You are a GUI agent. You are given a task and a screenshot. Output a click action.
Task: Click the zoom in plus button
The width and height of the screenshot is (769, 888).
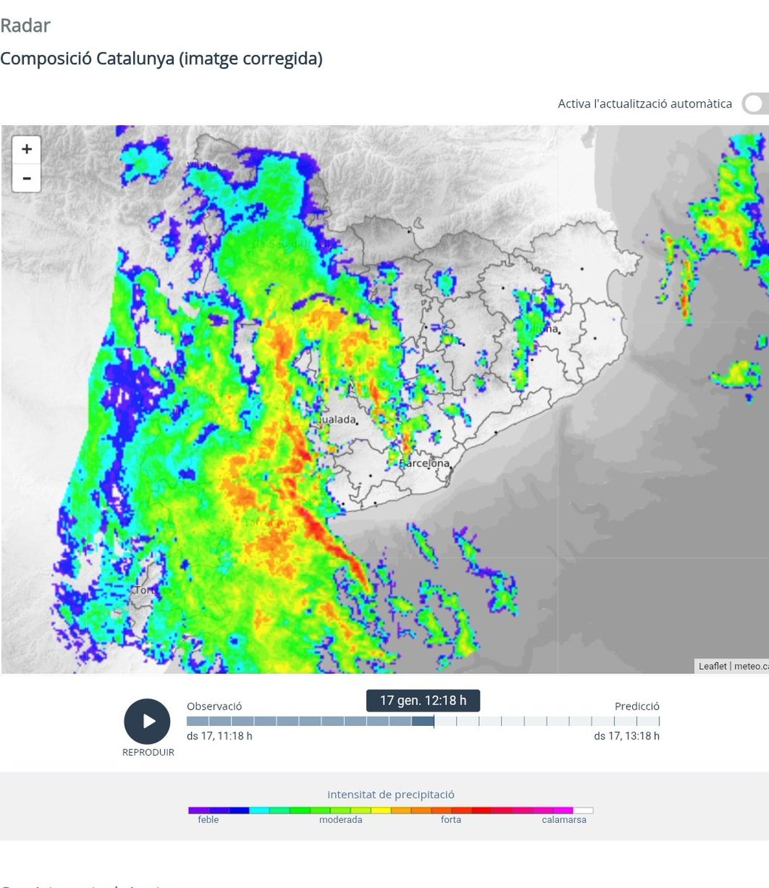tap(27, 149)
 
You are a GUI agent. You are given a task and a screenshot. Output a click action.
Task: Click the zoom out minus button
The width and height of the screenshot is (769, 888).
tap(27, 178)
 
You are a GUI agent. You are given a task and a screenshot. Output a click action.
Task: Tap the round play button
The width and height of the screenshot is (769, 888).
tap(147, 721)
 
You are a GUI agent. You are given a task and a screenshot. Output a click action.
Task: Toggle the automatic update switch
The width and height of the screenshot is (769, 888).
tap(755, 104)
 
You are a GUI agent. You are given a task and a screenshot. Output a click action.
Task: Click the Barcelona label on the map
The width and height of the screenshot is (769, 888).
tap(425, 464)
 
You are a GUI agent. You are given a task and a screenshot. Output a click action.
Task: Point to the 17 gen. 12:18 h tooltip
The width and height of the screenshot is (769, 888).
tap(423, 700)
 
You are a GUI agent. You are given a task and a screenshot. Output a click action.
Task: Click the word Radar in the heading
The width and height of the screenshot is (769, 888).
tap(25, 25)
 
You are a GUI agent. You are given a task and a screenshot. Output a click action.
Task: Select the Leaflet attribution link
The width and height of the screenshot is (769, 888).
tap(712, 666)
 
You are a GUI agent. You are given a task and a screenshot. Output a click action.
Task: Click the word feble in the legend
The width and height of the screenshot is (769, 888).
tap(208, 820)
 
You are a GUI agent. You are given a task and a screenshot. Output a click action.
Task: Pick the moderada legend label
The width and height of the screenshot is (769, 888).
tap(340, 820)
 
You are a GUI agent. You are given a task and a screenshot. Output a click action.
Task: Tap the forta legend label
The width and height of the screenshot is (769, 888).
tap(451, 820)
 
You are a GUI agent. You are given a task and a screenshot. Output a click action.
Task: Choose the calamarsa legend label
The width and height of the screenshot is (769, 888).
tap(564, 820)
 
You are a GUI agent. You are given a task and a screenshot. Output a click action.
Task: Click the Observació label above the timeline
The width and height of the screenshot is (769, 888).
tap(214, 707)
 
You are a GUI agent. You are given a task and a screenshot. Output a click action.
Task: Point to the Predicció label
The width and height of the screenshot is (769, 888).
tap(637, 707)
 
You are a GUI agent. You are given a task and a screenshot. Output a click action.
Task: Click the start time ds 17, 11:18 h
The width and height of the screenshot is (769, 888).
tap(219, 736)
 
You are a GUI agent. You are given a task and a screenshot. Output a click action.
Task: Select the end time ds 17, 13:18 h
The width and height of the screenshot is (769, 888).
tap(626, 736)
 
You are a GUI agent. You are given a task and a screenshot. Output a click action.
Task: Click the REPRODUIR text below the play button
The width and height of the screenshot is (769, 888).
tap(148, 753)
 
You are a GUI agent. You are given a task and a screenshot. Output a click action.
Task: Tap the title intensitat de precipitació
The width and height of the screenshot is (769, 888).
tap(391, 795)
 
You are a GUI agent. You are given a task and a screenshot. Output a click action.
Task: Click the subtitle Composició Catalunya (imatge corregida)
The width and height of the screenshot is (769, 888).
tap(161, 58)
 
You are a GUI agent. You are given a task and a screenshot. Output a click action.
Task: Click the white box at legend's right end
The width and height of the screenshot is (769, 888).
tap(583, 810)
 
